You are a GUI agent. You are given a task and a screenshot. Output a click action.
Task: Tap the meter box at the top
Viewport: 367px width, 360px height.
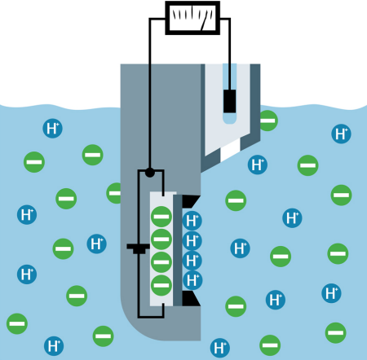tap(192, 18)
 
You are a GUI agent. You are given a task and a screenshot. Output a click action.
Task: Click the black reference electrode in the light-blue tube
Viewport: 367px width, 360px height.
tap(230, 101)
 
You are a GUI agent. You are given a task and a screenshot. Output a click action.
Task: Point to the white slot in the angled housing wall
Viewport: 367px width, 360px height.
tap(231, 150)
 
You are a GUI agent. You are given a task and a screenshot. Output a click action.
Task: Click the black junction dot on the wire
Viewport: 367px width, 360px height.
tap(150, 173)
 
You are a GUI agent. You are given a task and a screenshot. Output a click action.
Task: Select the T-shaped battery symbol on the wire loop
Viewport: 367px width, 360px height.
tap(138, 248)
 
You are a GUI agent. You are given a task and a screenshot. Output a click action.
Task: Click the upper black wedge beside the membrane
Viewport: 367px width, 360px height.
tap(191, 201)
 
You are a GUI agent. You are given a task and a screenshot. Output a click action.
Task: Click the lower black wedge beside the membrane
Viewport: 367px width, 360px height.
tap(191, 298)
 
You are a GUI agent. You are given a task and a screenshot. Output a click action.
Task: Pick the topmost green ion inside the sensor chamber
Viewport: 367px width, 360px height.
tap(161, 217)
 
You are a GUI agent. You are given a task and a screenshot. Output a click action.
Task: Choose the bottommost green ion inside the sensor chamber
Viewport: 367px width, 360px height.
tap(161, 285)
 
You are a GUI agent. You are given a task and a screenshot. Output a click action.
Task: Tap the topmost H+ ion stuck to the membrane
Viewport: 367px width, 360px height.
tap(192, 221)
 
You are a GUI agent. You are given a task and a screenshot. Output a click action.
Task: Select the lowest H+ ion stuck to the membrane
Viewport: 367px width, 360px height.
tap(192, 280)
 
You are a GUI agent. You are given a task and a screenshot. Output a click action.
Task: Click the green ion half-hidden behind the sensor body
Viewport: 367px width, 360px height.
tap(114, 193)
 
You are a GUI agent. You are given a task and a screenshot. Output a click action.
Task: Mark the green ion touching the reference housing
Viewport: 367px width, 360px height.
tap(268, 121)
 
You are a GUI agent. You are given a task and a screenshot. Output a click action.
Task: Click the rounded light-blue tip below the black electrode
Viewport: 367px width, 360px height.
tap(230, 118)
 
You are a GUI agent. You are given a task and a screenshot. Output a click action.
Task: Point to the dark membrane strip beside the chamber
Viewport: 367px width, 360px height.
tap(178, 250)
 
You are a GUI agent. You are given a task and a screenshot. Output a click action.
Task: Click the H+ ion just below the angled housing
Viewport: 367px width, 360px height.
tap(258, 165)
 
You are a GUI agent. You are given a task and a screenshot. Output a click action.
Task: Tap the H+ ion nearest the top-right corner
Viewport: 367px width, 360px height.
tap(341, 134)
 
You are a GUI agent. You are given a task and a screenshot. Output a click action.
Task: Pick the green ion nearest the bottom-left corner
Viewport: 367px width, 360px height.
tap(17, 323)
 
